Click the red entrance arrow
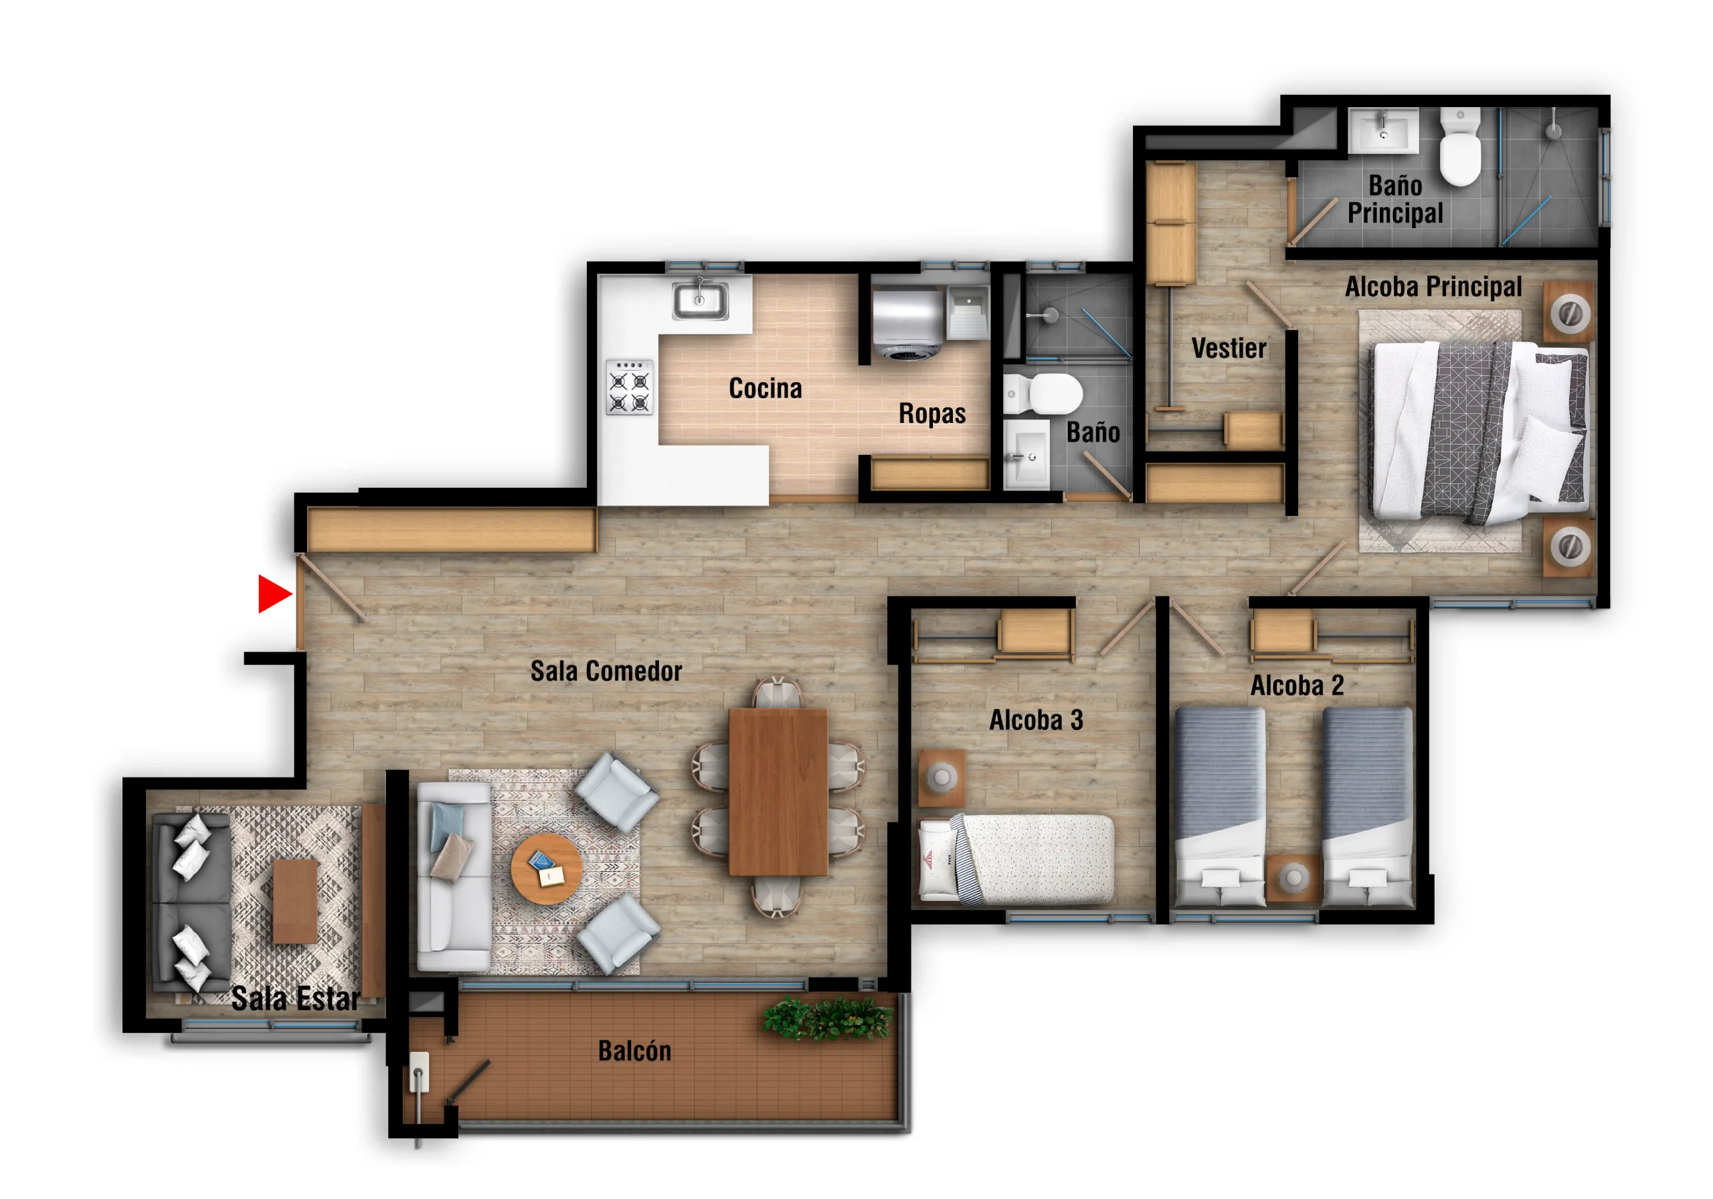pos(273,594)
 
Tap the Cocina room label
pos(765,388)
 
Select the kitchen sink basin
pos(700,300)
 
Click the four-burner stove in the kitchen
pos(629,387)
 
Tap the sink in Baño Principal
pos(1383,130)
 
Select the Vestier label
pos(1228,349)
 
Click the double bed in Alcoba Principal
pos(1480,432)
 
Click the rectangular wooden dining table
pos(778,792)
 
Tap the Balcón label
pos(634,1050)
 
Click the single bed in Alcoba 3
pos(1016,858)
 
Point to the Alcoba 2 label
pos(1297,685)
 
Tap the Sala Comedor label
pos(606,670)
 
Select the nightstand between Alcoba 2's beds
pos(1293,877)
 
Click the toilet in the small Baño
pos(1043,393)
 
